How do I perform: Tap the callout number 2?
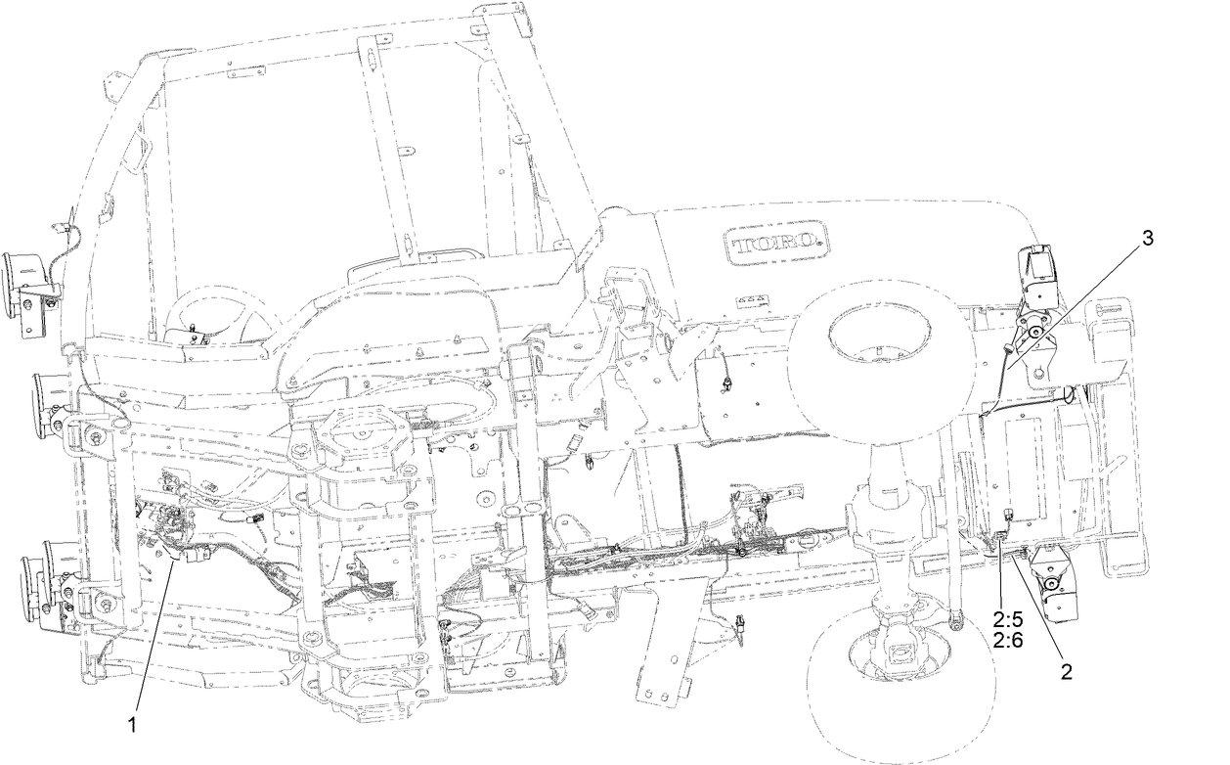click(x=1065, y=672)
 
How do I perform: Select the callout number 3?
click(x=1147, y=238)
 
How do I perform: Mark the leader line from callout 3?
click(x=1076, y=303)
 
